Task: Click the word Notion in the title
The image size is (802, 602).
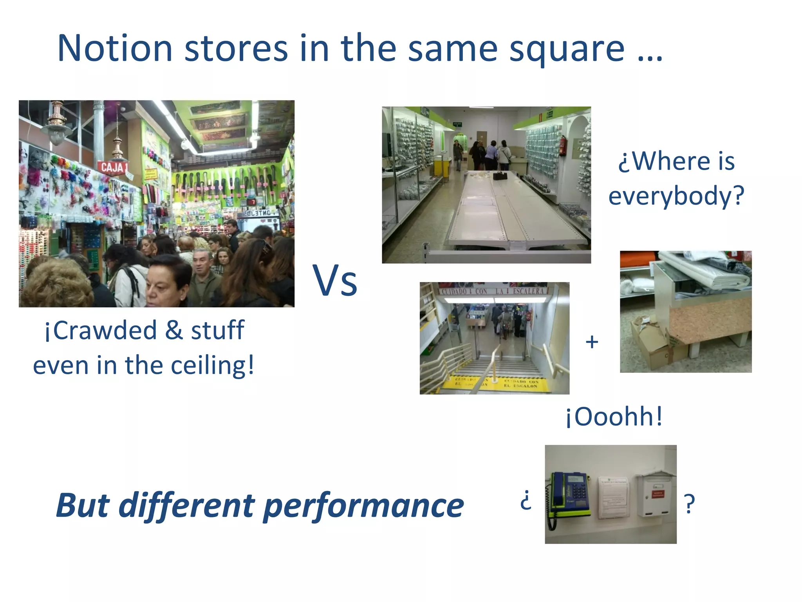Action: point(115,49)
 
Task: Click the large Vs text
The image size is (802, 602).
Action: point(335,281)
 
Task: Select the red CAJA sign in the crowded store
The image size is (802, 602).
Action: point(112,167)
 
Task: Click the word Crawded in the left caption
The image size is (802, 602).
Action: point(105,330)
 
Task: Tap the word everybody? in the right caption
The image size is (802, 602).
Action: point(676,196)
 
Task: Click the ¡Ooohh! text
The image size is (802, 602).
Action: point(614,416)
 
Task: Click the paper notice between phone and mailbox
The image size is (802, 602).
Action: point(613,496)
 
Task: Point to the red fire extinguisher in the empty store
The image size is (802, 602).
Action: point(562,145)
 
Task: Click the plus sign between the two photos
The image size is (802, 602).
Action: point(592,342)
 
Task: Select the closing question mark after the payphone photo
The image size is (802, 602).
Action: point(689,504)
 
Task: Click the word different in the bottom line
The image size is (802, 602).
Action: point(187,506)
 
